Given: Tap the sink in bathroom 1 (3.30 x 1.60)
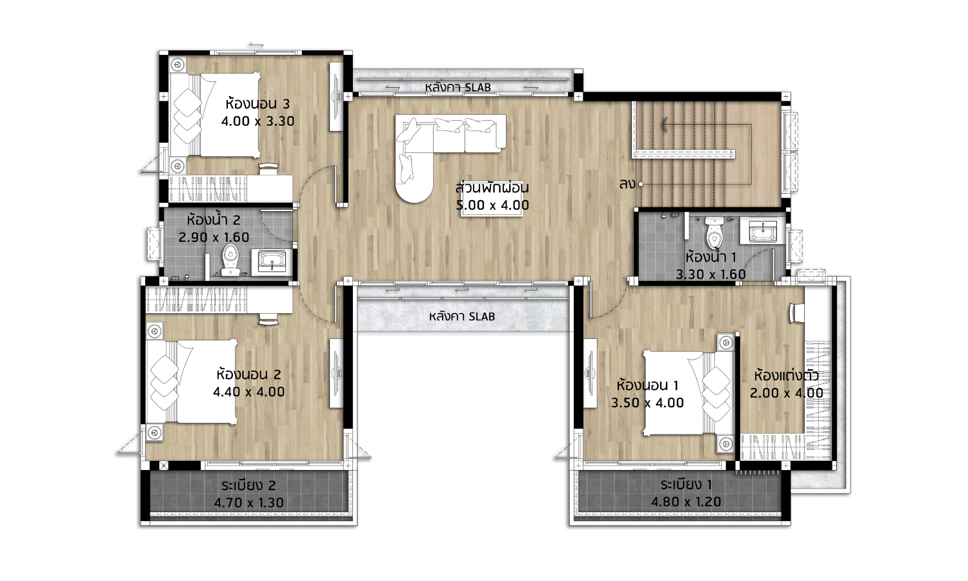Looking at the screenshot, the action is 762,232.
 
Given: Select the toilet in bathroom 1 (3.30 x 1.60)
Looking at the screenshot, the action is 714,231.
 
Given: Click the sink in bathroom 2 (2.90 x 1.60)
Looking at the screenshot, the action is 272,262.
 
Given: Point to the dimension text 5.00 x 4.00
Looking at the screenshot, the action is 492,205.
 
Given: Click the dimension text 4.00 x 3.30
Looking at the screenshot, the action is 257,121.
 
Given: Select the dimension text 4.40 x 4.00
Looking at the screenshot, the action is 249,392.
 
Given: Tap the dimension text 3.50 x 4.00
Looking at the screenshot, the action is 647,402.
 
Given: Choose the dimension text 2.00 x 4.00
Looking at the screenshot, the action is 786,393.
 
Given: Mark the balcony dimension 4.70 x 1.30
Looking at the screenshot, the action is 249,503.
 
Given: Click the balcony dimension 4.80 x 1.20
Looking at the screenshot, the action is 686,502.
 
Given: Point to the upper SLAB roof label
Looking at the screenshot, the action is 458,87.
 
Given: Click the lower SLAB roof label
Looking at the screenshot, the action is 462,316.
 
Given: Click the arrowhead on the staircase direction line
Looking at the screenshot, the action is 664,125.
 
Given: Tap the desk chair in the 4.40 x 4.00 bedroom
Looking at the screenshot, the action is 269,319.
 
